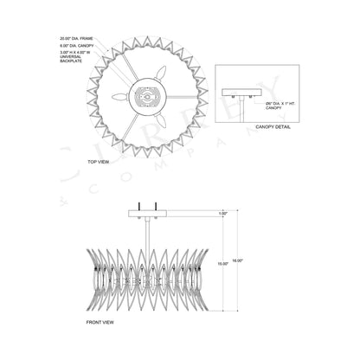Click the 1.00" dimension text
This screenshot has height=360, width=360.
pos(222,213)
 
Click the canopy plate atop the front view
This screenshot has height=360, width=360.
pos(141,212)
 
